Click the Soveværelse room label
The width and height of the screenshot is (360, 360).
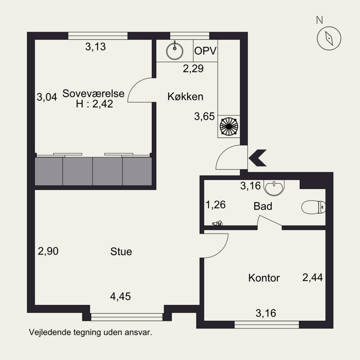pos(93,94)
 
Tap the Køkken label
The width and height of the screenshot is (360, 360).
pos(185,96)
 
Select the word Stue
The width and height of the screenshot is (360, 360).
pos(121,252)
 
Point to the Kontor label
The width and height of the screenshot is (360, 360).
pos(264,278)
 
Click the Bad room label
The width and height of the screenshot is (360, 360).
pos(263,206)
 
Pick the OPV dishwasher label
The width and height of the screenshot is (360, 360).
pos(205,51)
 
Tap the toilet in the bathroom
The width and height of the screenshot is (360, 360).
pos(313,207)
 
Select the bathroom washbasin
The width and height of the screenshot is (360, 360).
pos(274,188)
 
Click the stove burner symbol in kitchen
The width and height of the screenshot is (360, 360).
pos(229,126)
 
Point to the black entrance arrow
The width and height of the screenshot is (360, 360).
pos(257,158)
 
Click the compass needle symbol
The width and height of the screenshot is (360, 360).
pos(329,38)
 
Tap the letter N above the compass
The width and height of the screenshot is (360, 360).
pos(319,20)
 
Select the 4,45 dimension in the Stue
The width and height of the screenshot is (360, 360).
pos(121,296)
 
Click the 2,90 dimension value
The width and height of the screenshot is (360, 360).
pos(48,251)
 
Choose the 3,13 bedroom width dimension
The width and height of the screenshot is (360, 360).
pos(95,47)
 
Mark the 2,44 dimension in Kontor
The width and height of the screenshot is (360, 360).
pos(312,277)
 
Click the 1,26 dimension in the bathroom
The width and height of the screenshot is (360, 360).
pos(216,205)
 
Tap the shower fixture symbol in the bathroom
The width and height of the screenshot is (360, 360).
pos(217,223)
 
